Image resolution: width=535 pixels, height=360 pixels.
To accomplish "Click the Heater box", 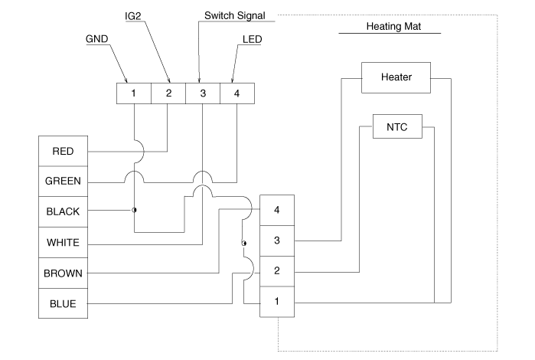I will [396, 77].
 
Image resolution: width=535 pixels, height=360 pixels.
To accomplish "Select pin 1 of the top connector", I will [133, 93].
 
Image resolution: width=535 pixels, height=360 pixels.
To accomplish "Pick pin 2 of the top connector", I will [168, 93].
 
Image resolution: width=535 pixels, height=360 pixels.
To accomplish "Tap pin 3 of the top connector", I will [203, 93].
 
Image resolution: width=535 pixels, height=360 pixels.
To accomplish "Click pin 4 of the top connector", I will [237, 93].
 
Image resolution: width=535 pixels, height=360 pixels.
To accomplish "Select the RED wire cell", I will [63, 151].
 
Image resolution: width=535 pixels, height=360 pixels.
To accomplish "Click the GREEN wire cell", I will [63, 182].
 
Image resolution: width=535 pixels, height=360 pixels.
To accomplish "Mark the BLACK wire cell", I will [63, 211].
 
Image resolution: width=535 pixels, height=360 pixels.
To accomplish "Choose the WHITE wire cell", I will [63, 242].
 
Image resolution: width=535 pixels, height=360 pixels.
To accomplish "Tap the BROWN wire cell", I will [63, 273].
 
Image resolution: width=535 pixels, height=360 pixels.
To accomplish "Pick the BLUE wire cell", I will [63, 303].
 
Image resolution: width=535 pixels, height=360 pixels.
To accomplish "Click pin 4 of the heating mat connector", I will [276, 209].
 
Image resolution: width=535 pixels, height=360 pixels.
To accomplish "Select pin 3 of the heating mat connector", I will [276, 241].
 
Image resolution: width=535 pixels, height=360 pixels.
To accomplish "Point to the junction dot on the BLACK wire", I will [134, 210].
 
